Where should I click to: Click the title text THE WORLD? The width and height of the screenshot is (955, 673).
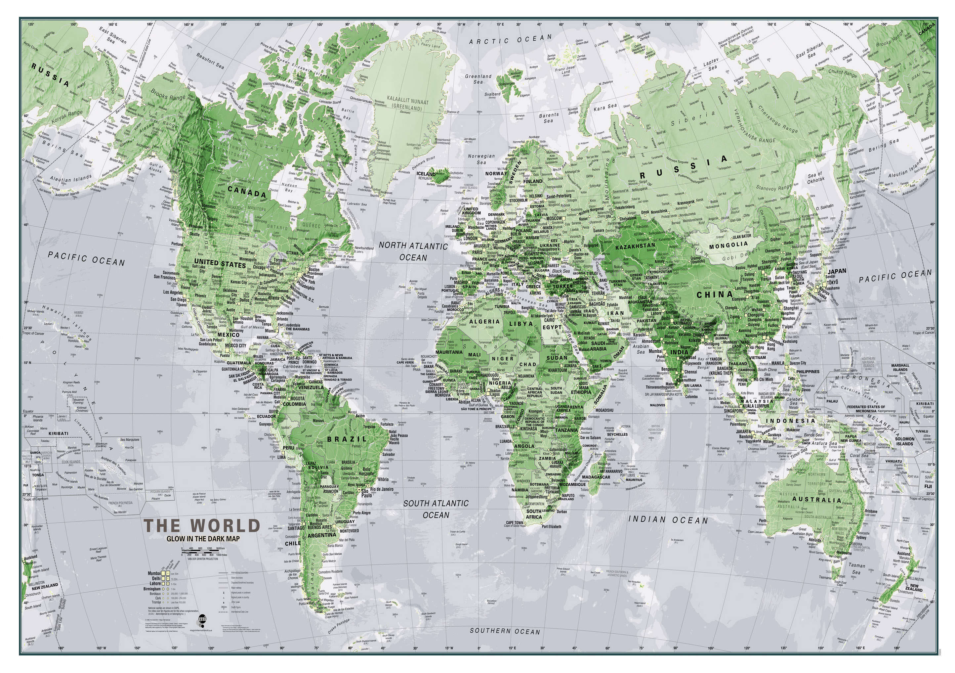point(202,526)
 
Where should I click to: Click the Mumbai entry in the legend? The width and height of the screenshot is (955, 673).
point(154,573)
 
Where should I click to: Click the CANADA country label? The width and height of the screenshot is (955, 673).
point(247,192)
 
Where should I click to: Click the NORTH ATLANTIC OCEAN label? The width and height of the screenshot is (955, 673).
point(413,251)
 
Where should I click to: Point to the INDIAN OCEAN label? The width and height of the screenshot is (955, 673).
point(668,520)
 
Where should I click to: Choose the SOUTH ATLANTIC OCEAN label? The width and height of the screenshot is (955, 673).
point(436,509)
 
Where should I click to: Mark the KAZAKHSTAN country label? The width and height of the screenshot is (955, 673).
point(635,246)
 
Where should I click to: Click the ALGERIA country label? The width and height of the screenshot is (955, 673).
point(484,321)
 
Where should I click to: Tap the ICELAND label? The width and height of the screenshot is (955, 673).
point(426,174)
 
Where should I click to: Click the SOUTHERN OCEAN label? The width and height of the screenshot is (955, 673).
point(505,631)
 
